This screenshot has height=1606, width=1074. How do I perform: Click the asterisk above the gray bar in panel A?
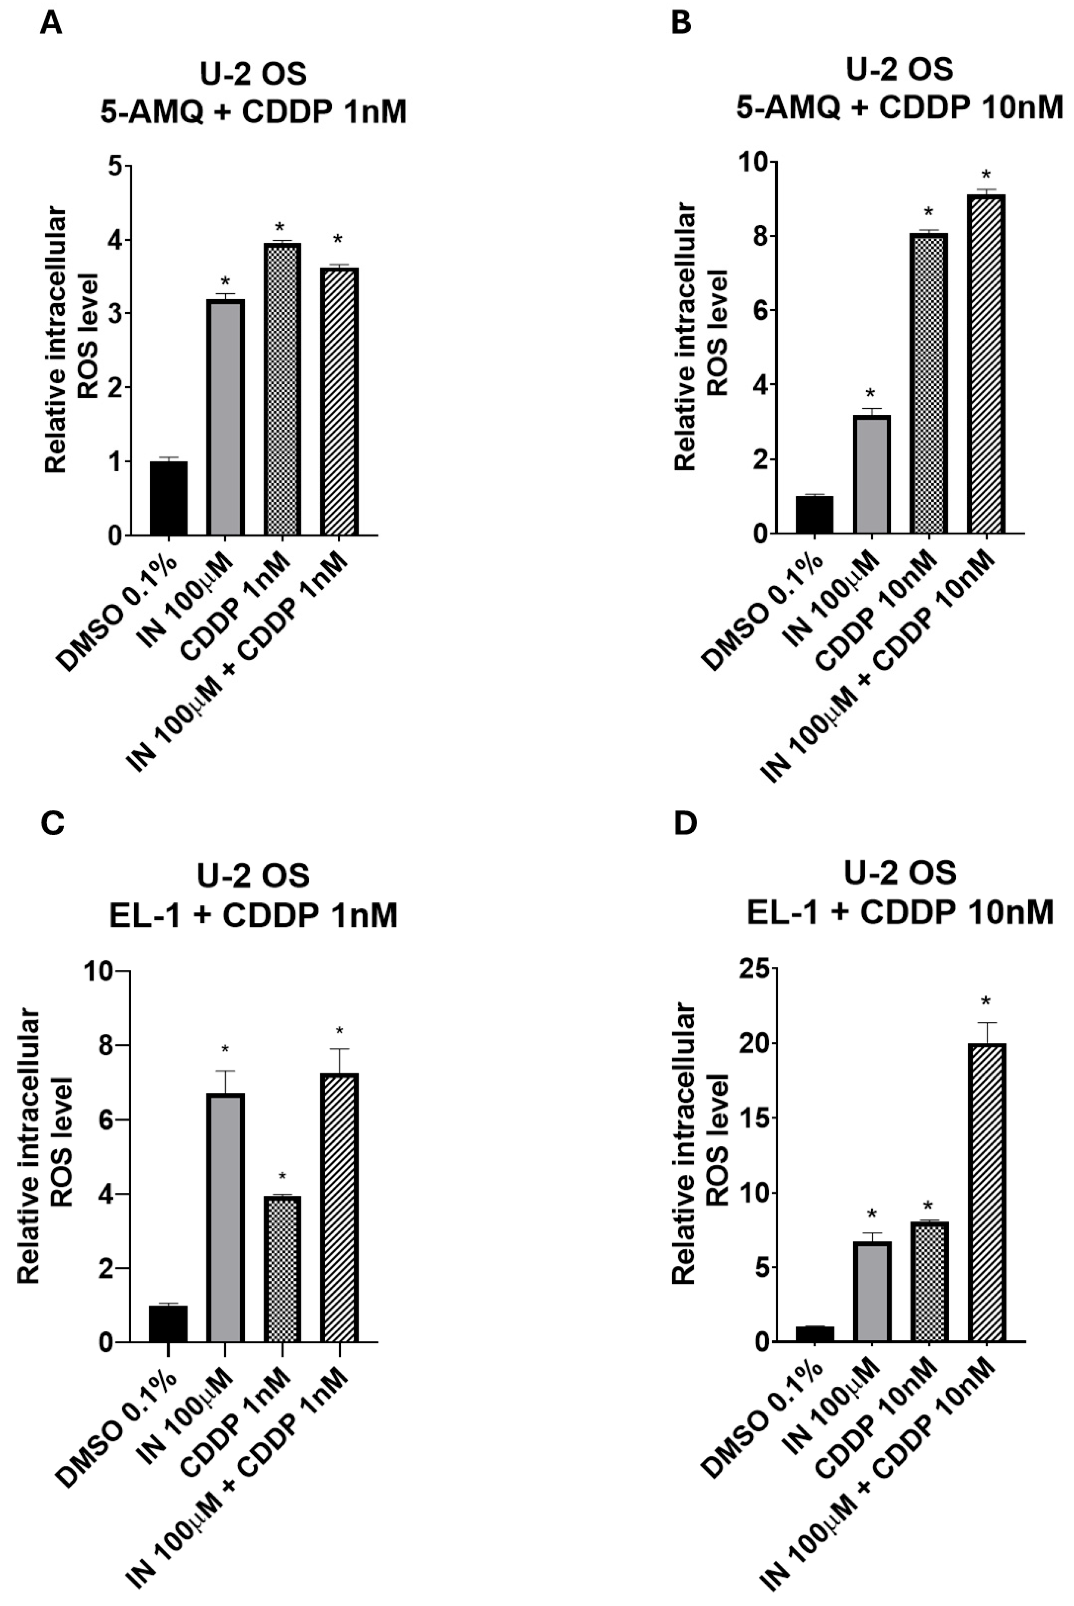[x=225, y=281]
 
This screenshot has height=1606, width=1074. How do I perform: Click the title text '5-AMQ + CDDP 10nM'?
[x=899, y=107]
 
